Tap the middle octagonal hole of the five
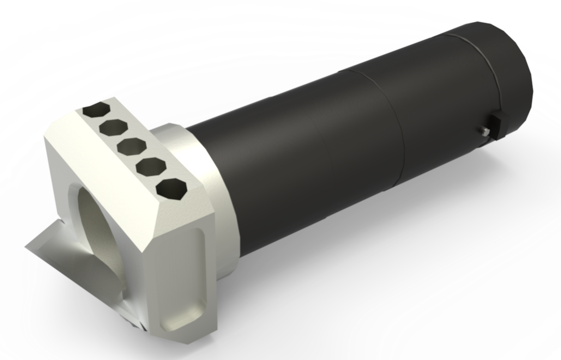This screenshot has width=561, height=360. click(x=132, y=146)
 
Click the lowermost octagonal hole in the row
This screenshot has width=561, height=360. click(x=171, y=189)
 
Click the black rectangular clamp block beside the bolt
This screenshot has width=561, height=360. click(x=496, y=125)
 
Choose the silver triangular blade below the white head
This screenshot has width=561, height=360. click(x=69, y=259)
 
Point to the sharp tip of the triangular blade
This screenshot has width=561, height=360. click(x=27, y=246)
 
